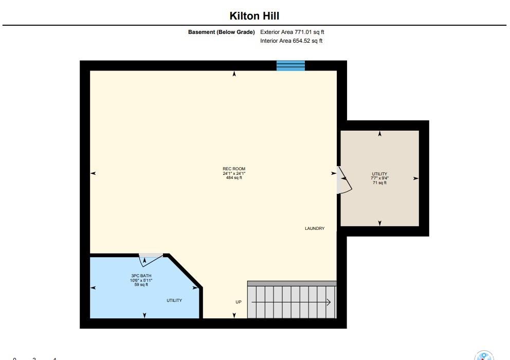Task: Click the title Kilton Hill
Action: click(x=254, y=15)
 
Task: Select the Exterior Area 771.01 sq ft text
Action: click(x=292, y=32)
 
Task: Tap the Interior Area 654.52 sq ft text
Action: click(x=291, y=41)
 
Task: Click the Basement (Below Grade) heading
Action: click(x=221, y=32)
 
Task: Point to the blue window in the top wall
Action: click(x=291, y=65)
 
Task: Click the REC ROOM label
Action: click(x=234, y=169)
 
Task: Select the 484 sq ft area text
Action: click(x=234, y=178)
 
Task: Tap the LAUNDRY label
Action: click(x=315, y=228)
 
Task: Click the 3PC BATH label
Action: click(x=141, y=276)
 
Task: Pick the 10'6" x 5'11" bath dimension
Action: click(x=141, y=280)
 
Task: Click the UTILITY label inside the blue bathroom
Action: click(x=174, y=300)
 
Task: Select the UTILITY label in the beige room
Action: click(x=379, y=174)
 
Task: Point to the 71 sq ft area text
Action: click(x=379, y=183)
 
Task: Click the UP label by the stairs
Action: click(x=239, y=302)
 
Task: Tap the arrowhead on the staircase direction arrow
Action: click(x=329, y=302)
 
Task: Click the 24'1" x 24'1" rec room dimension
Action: click(x=234, y=173)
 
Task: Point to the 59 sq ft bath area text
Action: click(x=141, y=284)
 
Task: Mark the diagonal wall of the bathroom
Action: click(x=185, y=271)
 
